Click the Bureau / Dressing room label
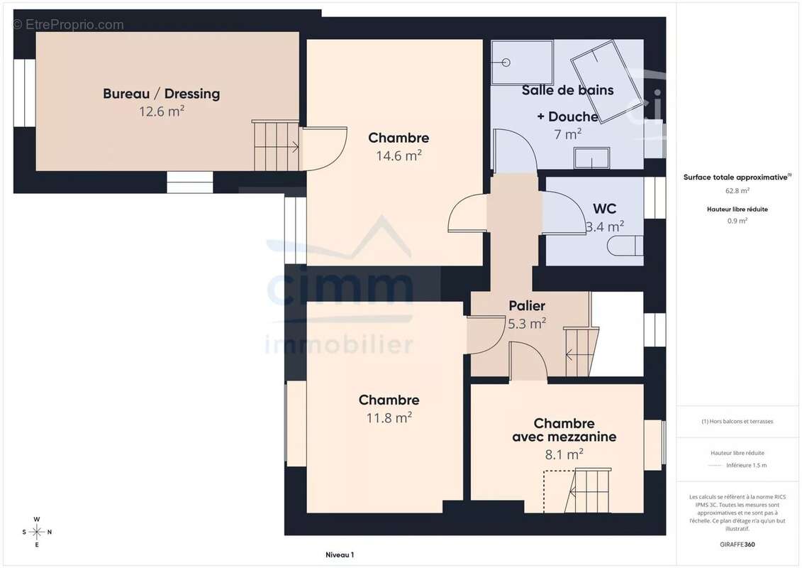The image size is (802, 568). pyautogui.click(x=161, y=94)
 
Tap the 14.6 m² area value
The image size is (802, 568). pyautogui.click(x=399, y=155)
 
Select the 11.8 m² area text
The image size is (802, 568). pyautogui.click(x=389, y=418)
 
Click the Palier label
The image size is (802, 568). pyautogui.click(x=527, y=306)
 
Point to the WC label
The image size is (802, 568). pyautogui.click(x=605, y=209)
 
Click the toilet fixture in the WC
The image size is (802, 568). pyautogui.click(x=625, y=246)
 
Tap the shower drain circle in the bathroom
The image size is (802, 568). pyautogui.click(x=506, y=62)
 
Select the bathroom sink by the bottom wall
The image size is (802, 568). pyautogui.click(x=591, y=158)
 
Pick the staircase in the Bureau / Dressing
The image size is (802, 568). pyautogui.click(x=277, y=146)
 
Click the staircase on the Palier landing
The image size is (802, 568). pyautogui.click(x=581, y=351)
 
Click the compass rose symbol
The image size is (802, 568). pyautogui.click(x=37, y=532)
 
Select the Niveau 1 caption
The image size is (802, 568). pyautogui.click(x=340, y=555)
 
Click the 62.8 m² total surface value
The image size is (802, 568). pyautogui.click(x=737, y=190)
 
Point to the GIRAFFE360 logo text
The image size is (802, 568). pyautogui.click(x=737, y=545)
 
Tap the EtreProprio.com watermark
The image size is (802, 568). pyautogui.click(x=69, y=25)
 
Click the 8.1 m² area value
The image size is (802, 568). pyautogui.click(x=564, y=454)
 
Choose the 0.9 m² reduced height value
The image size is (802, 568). pyautogui.click(x=737, y=221)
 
